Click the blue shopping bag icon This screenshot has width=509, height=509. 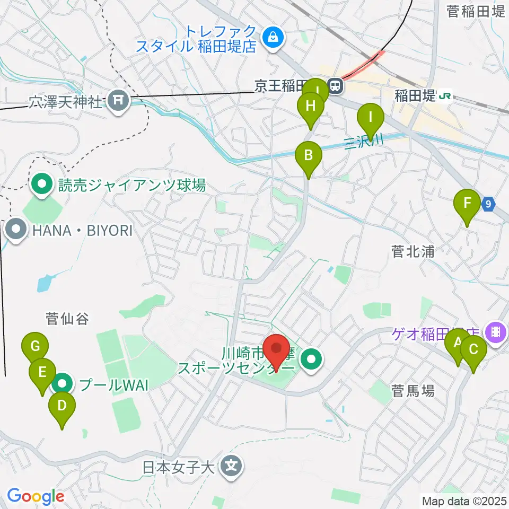click(x=273, y=37)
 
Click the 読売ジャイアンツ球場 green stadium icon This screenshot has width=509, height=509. click(x=42, y=185)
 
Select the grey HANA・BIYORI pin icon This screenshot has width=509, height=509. click(x=16, y=230)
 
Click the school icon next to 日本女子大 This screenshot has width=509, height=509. click(x=232, y=467)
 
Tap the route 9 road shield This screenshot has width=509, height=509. click(x=488, y=203)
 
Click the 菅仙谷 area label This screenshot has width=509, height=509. click(x=66, y=319)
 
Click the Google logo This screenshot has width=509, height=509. click(x=35, y=496)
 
